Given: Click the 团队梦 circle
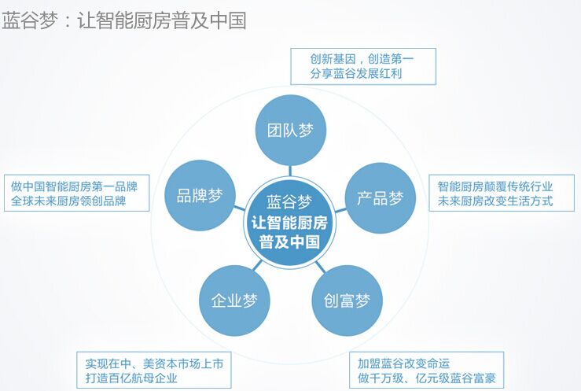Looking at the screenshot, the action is coord(291,130).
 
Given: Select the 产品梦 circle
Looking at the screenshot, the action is coord(381,198).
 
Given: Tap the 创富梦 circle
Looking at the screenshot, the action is coord(347,301).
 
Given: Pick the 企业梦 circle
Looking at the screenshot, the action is coord(234,301).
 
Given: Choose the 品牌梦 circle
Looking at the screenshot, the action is coord(200,195).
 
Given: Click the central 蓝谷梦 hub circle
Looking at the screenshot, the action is coord(290,222).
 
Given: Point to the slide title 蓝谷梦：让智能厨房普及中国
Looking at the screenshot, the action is coord(124,20).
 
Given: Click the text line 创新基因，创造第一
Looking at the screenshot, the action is coord(362,59).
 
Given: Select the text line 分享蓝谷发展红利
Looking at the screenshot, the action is coord(355,73).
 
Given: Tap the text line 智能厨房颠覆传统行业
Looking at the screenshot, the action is coord(495,186).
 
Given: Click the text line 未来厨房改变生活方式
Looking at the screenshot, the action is coord(495,201).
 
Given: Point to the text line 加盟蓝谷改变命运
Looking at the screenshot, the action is coord(403,363).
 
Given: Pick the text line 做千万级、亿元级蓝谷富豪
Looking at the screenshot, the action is coord(426,378).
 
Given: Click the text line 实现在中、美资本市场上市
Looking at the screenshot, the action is coord(155,363).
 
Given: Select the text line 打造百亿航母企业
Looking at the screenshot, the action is coord(131,378).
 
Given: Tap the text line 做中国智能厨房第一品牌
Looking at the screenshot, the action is coord(74,186).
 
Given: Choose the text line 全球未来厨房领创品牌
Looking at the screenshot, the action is coord(68,201).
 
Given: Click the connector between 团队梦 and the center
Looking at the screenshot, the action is coord(291,171).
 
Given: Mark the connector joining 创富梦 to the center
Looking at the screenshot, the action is coord(321,267).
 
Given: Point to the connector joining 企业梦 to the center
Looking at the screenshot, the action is coord(258,265).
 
